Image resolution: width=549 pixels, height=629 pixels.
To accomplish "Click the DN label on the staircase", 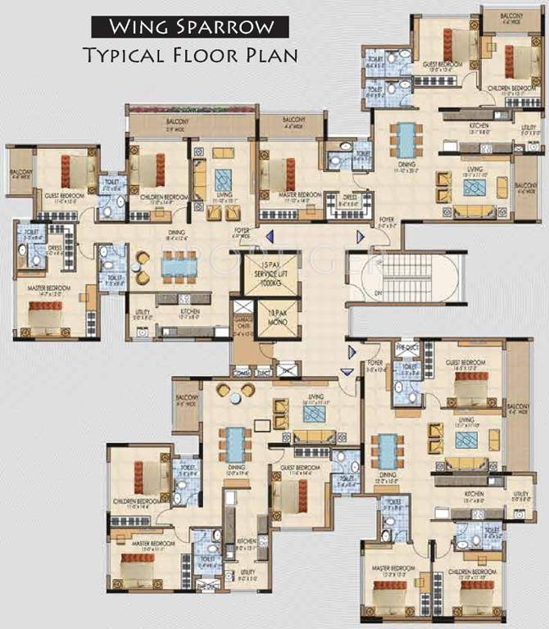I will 355,292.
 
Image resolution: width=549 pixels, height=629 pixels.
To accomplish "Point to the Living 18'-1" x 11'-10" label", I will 474,171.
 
